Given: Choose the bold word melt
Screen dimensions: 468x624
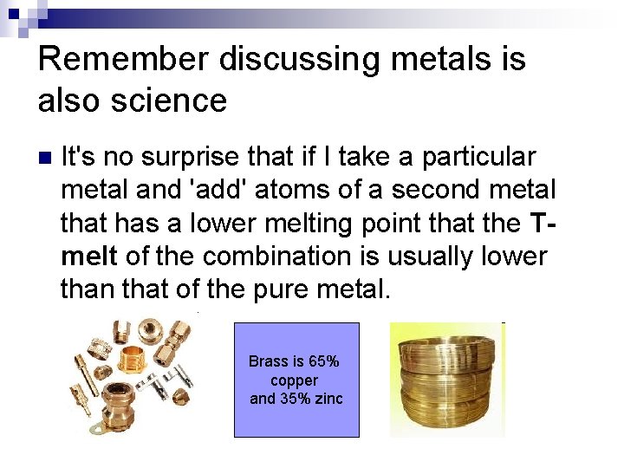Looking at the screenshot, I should [x=89, y=257].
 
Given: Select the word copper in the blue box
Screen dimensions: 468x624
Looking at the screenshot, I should [x=295, y=380].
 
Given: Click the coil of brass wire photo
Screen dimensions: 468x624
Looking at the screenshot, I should [x=447, y=380].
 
